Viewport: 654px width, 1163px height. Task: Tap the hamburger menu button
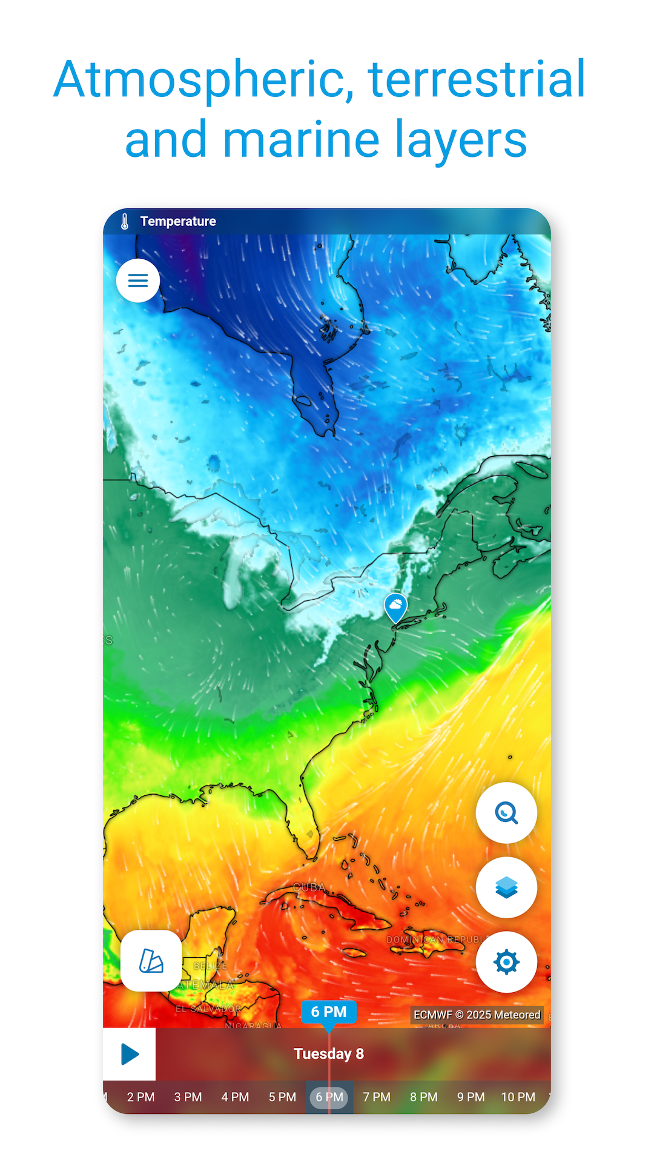coord(138,280)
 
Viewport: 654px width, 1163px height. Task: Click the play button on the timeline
coord(130,1054)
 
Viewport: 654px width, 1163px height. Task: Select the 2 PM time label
coord(140,1097)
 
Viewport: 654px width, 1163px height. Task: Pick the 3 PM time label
coord(188,1097)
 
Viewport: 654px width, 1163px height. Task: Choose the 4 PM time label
coord(235,1097)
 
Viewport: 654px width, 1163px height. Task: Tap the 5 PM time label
coord(282,1097)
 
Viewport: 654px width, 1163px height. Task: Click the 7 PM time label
coord(377,1097)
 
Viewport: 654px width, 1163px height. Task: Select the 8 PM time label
coord(424,1097)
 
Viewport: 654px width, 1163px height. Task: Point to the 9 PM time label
coord(471,1097)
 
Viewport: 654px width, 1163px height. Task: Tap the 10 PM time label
coord(518,1097)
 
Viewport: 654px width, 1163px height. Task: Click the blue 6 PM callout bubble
coord(329,1012)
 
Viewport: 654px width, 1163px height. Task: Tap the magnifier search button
coord(506,813)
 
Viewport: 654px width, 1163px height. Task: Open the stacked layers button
coord(506,887)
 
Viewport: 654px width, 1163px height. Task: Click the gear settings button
coord(506,962)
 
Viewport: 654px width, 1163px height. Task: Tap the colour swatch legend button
coord(151,961)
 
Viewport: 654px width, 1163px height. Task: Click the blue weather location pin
coord(395,606)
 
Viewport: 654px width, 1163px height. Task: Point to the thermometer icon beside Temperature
coord(125,222)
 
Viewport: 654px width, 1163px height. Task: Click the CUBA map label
coord(309,887)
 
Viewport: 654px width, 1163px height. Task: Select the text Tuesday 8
coord(329,1054)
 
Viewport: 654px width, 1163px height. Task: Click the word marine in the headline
coord(301,139)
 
